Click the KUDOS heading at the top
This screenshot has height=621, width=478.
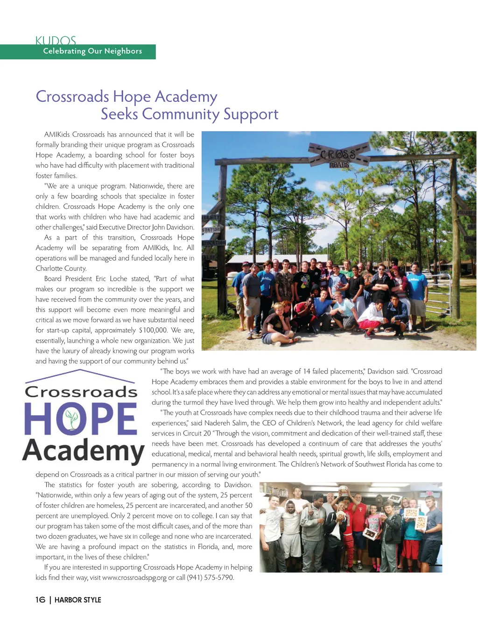tap(56, 41)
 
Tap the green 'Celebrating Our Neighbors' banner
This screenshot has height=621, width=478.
tap(92, 51)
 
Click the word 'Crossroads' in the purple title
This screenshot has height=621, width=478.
tap(72, 97)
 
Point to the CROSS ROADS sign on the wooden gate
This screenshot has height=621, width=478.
tap(338, 156)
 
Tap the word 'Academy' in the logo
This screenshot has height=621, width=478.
tap(83, 451)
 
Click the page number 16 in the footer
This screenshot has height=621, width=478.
tap(40, 600)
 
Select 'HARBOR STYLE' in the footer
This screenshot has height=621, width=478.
tap(77, 600)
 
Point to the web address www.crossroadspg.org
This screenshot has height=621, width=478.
tap(134, 578)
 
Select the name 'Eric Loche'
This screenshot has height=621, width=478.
tap(112, 279)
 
